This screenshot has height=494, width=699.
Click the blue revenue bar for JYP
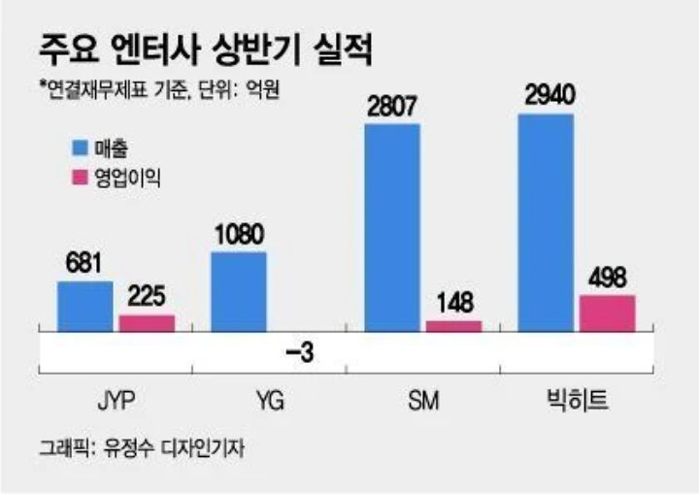85,307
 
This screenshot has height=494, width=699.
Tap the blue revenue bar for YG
238,292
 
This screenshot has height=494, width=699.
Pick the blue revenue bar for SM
391,228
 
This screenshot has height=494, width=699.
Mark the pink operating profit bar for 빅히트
607,313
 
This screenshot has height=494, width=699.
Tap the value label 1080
239,235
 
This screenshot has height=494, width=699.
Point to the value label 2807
392,106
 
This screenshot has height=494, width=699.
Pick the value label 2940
546,96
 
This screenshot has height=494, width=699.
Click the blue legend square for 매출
80,148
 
